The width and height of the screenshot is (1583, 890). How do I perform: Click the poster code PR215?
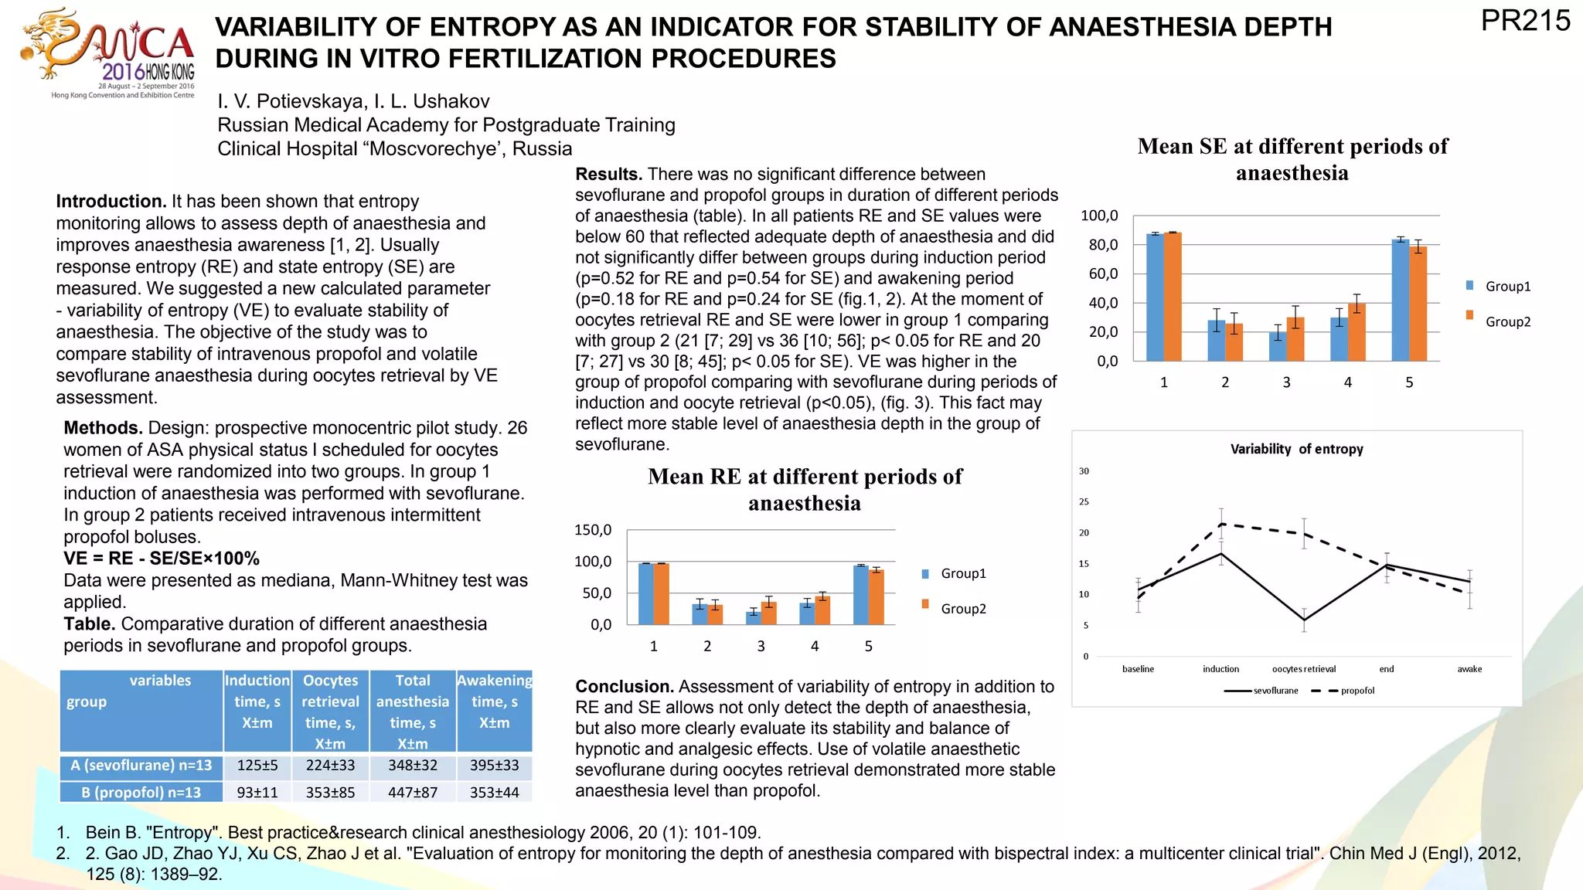(1525, 21)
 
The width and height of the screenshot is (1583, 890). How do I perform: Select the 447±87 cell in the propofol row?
(413, 793)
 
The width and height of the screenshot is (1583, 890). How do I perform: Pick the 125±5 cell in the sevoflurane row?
(257, 766)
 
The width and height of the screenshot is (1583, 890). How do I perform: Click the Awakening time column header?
(495, 701)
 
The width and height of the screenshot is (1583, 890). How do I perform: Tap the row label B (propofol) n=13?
(141, 793)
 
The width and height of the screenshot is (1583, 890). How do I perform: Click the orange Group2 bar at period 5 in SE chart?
(1418, 303)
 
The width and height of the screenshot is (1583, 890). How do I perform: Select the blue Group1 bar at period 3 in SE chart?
(1278, 346)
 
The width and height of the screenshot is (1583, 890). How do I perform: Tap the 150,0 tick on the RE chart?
(593, 530)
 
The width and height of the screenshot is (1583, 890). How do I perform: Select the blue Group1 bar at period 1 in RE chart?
(645, 593)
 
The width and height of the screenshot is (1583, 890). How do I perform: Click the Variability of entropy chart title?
(1296, 449)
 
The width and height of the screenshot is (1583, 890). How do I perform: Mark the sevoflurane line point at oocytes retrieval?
(1304, 620)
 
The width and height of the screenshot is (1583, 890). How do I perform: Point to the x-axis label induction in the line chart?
(1220, 669)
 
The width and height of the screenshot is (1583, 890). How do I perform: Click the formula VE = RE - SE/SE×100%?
(162, 559)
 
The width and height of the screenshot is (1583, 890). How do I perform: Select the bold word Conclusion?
(625, 687)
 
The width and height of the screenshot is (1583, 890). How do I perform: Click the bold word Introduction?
(111, 202)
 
